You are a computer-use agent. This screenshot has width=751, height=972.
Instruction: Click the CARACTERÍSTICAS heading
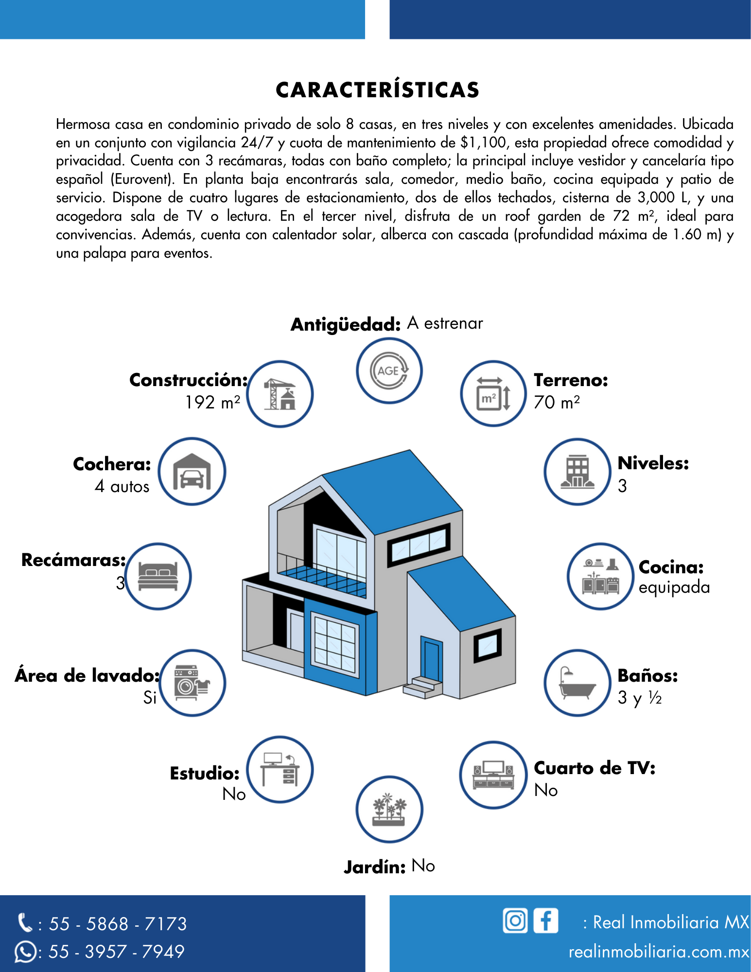(x=378, y=90)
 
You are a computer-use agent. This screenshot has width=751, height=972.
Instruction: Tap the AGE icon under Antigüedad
(x=389, y=371)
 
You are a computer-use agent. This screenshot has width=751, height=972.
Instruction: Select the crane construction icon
(x=280, y=394)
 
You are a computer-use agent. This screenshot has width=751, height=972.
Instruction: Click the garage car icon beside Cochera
(x=192, y=472)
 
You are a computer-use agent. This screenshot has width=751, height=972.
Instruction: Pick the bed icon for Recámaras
(x=158, y=576)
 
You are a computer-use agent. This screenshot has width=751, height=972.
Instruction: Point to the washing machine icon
(x=192, y=683)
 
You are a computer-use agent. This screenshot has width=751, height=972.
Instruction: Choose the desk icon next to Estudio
(x=280, y=769)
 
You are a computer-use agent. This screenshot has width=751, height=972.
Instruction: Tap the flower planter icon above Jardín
(x=389, y=810)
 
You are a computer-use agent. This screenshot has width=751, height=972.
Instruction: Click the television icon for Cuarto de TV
(x=493, y=775)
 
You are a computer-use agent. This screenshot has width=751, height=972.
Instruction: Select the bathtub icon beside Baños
(x=577, y=683)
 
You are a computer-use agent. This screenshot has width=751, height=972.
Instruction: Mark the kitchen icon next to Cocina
(x=601, y=576)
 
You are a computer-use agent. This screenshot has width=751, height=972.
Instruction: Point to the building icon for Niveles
(x=577, y=472)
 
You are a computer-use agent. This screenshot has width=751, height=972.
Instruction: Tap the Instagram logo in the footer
(x=515, y=920)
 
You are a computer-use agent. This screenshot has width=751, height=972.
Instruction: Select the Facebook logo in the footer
(x=545, y=920)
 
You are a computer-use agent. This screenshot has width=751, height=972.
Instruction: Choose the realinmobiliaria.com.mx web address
(x=659, y=952)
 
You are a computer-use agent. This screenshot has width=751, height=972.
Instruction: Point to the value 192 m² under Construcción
(x=213, y=403)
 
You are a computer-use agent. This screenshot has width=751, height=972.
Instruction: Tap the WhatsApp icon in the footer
(x=25, y=952)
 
